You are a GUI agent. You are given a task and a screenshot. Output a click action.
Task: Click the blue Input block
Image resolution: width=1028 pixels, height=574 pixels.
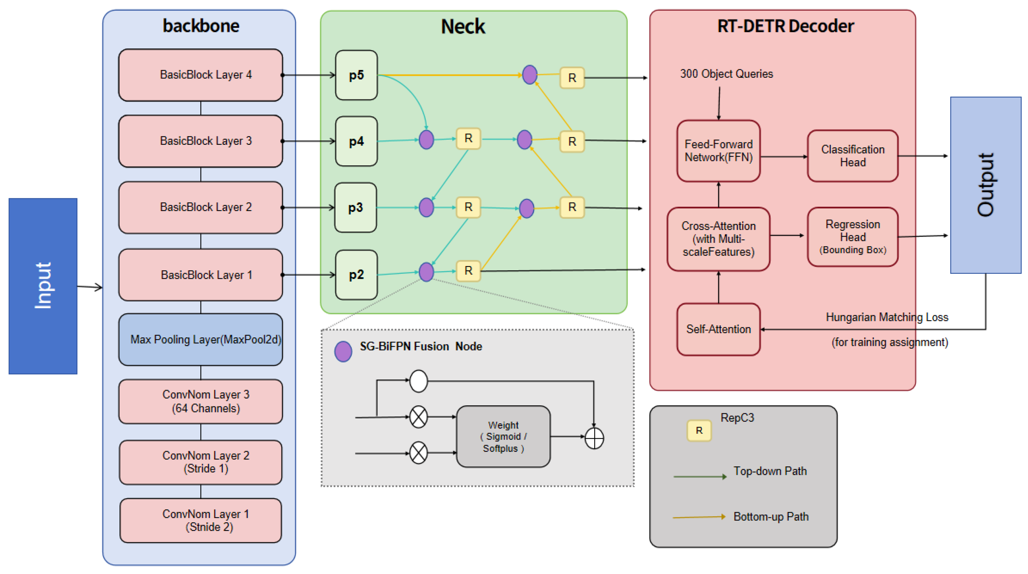(43, 286)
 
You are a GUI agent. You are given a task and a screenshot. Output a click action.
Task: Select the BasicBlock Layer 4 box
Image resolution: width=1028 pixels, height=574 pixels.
(201, 75)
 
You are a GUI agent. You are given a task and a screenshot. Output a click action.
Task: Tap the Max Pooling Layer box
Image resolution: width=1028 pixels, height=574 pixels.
(201, 340)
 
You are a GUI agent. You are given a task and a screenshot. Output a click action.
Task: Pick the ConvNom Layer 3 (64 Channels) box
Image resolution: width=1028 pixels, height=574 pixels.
(201, 401)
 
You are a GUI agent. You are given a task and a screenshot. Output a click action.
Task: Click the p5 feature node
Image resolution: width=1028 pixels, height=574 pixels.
(356, 75)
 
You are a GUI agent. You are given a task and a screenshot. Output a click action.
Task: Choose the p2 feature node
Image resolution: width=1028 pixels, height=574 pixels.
(356, 275)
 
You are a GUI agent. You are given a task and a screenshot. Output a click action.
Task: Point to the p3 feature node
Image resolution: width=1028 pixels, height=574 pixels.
(355, 207)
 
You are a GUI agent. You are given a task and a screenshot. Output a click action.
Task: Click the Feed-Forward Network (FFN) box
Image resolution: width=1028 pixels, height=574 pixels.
(718, 151)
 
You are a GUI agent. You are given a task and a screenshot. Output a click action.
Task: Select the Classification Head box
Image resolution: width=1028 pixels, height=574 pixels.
(853, 156)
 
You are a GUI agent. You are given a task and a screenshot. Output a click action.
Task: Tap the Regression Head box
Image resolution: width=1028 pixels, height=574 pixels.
(853, 237)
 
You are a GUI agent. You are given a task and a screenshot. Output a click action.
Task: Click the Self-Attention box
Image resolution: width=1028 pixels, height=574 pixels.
(718, 329)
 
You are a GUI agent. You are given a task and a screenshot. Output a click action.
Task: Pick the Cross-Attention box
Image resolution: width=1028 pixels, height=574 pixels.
(718, 239)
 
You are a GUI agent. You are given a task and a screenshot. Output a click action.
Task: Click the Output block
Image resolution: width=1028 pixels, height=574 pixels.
(986, 185)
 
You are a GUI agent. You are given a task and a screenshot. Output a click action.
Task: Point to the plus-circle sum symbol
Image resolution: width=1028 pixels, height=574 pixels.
(594, 438)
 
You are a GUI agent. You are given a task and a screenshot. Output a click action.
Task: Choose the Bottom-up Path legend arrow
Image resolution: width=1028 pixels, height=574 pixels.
(699, 517)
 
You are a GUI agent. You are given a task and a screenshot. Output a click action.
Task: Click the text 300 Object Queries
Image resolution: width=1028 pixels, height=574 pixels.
(726, 74)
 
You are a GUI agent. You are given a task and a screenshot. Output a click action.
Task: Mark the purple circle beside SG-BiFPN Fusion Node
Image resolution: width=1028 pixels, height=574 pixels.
(343, 352)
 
